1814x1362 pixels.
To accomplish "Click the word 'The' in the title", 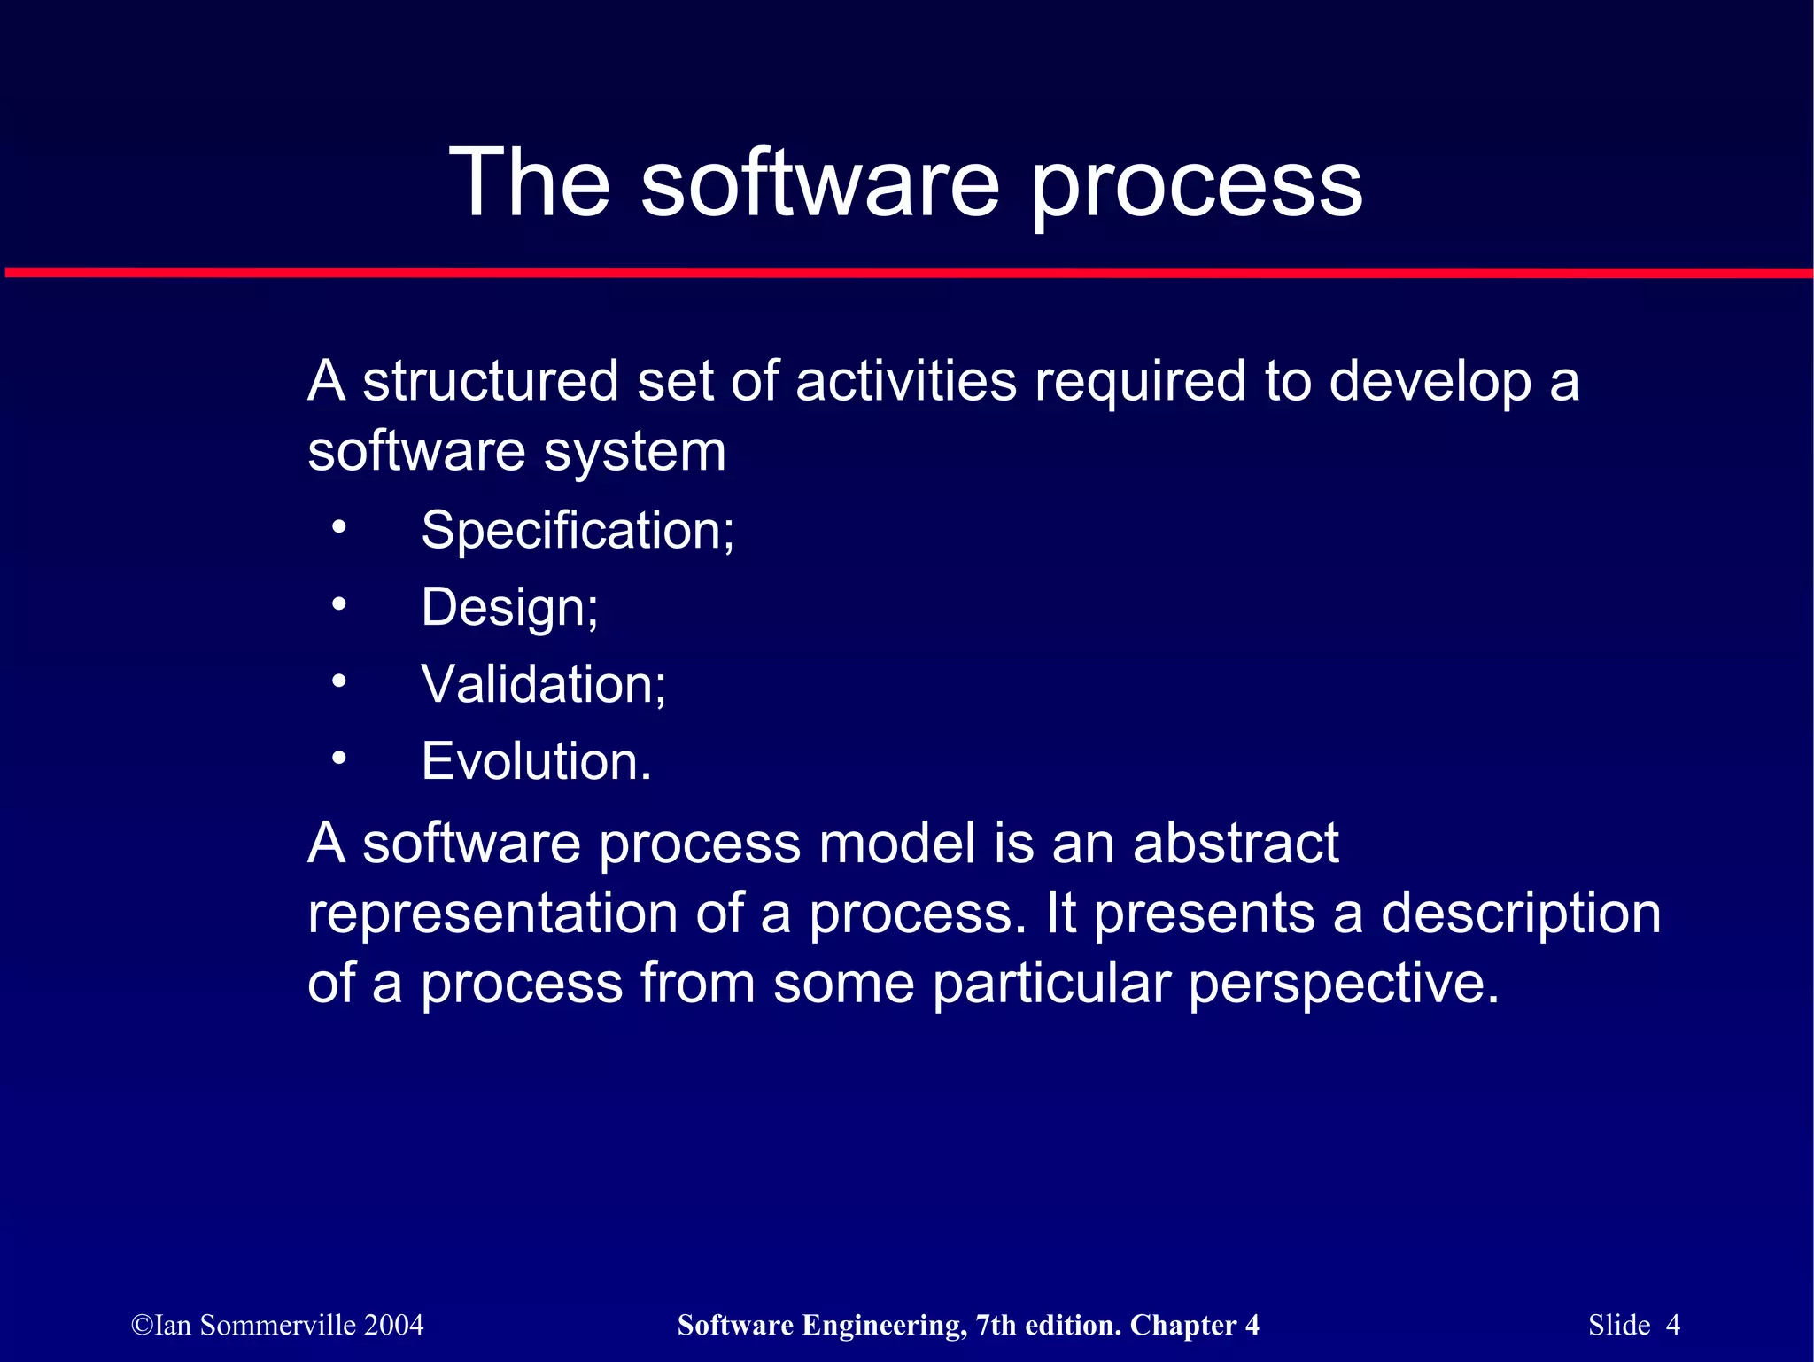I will [x=530, y=183].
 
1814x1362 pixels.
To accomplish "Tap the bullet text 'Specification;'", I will [x=578, y=530].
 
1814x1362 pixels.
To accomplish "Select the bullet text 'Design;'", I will [x=509, y=608].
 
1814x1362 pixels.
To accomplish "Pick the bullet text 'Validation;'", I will [x=543, y=684].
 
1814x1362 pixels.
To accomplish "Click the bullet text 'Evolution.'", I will [x=536, y=761].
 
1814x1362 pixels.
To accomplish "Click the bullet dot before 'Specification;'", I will [x=338, y=528].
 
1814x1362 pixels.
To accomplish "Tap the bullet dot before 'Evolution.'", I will [x=338, y=759].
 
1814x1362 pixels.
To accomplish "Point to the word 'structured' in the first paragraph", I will [x=490, y=381].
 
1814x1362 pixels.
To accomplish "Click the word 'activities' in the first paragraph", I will [x=905, y=381].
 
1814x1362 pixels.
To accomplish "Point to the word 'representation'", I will [x=492, y=914].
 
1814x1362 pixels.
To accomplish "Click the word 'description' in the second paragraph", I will [x=1520, y=914].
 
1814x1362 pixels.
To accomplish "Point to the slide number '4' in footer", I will [x=1672, y=1325].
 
